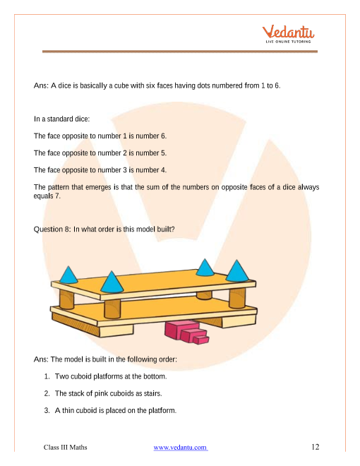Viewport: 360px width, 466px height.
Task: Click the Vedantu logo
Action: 288,34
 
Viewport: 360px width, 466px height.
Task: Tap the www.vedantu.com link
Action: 180,447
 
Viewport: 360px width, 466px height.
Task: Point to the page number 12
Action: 315,447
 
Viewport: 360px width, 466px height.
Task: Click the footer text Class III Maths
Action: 66,447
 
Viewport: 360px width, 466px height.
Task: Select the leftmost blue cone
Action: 68,275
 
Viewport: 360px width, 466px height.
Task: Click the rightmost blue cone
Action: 237,270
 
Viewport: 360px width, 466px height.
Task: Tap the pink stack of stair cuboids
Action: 186,333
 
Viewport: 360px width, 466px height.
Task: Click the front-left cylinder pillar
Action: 112,309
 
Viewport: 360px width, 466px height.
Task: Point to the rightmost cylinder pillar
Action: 237,297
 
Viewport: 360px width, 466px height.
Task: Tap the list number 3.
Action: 47,410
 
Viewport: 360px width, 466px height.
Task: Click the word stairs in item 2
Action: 153,393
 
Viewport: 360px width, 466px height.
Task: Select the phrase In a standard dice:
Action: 61,119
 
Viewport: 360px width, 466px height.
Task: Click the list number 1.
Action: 47,376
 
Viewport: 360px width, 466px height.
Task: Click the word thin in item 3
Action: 68,410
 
